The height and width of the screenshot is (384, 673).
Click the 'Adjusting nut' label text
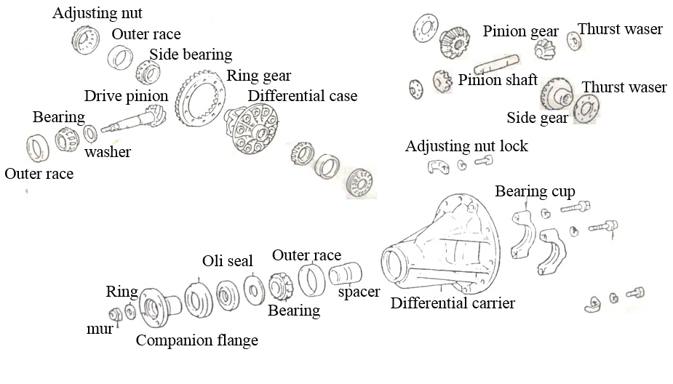click(97, 13)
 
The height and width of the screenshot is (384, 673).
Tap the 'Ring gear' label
click(259, 76)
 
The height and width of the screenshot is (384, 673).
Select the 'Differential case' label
click(303, 96)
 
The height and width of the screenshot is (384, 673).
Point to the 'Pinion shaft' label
click(498, 80)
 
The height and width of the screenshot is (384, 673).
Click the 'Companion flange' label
click(197, 340)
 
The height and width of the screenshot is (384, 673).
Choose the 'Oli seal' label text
click(228, 261)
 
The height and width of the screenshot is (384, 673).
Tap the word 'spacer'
click(359, 292)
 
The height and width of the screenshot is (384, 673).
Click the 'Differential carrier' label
click(453, 303)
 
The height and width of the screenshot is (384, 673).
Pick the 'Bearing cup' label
click(535, 191)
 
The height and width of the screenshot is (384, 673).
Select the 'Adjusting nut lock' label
click(466, 146)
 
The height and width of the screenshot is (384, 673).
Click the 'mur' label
click(100, 329)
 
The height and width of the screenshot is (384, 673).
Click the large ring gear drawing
click(200, 99)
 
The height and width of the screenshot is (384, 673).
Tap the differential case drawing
click(252, 128)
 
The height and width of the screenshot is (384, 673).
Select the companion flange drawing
click(159, 307)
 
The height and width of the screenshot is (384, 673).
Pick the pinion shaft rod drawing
click(497, 64)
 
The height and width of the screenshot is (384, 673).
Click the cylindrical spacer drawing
click(346, 273)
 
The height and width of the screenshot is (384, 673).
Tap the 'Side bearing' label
click(191, 55)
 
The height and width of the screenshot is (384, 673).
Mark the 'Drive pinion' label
click(126, 96)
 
